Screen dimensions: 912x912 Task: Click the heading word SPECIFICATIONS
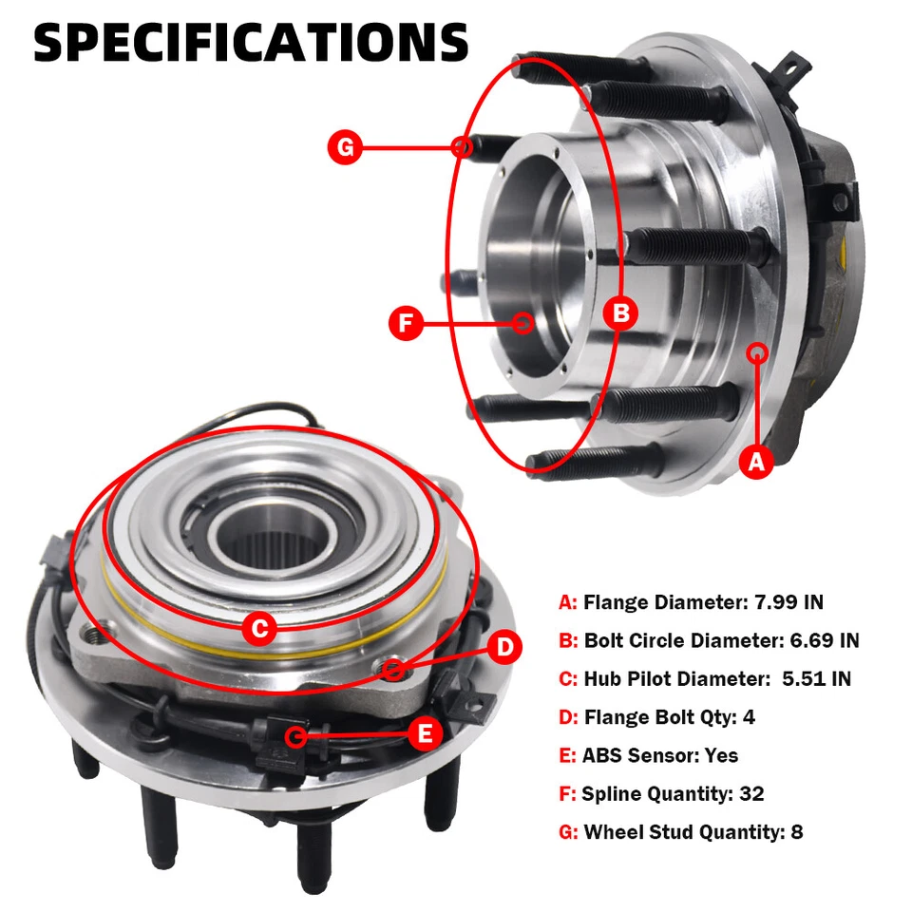click(x=251, y=43)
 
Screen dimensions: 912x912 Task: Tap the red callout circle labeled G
click(x=345, y=147)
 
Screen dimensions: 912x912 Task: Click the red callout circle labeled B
click(x=620, y=313)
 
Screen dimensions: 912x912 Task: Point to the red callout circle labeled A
click(x=756, y=462)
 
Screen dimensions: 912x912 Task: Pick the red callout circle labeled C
click(x=258, y=627)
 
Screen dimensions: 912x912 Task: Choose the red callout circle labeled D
click(x=505, y=648)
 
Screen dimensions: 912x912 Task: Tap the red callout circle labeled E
click(x=425, y=732)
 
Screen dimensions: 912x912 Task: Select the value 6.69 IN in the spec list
click(x=825, y=640)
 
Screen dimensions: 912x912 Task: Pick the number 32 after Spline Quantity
click(x=750, y=794)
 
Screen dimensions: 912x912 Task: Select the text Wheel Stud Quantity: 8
click(x=693, y=832)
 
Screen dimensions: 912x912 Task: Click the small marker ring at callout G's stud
click(x=463, y=147)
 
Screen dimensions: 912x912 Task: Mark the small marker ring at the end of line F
click(x=522, y=323)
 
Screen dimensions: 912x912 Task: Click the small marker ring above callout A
click(x=757, y=353)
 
